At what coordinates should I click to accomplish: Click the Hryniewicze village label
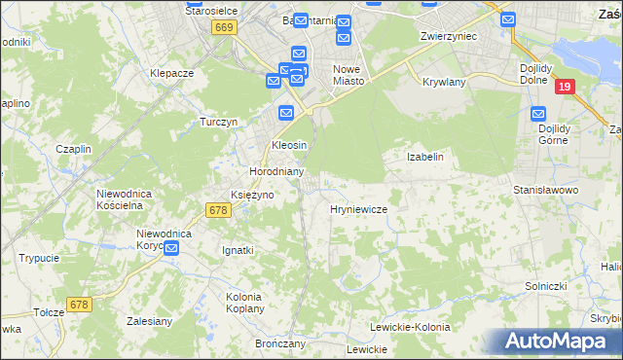tap(359, 209)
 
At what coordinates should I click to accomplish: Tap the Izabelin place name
tap(424, 157)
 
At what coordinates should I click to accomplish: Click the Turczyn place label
tap(219, 122)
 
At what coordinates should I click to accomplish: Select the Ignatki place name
tap(238, 250)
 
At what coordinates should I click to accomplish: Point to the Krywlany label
tap(444, 83)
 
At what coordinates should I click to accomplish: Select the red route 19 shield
tap(565, 87)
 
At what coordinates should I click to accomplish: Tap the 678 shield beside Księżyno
tap(217, 209)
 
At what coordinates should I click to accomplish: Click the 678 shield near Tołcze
tap(79, 305)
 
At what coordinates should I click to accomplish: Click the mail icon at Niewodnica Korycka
tap(171, 249)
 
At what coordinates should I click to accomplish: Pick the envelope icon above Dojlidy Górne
tap(541, 114)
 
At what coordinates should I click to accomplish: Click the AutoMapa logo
tap(556, 342)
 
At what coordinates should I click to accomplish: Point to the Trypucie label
tap(39, 258)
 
